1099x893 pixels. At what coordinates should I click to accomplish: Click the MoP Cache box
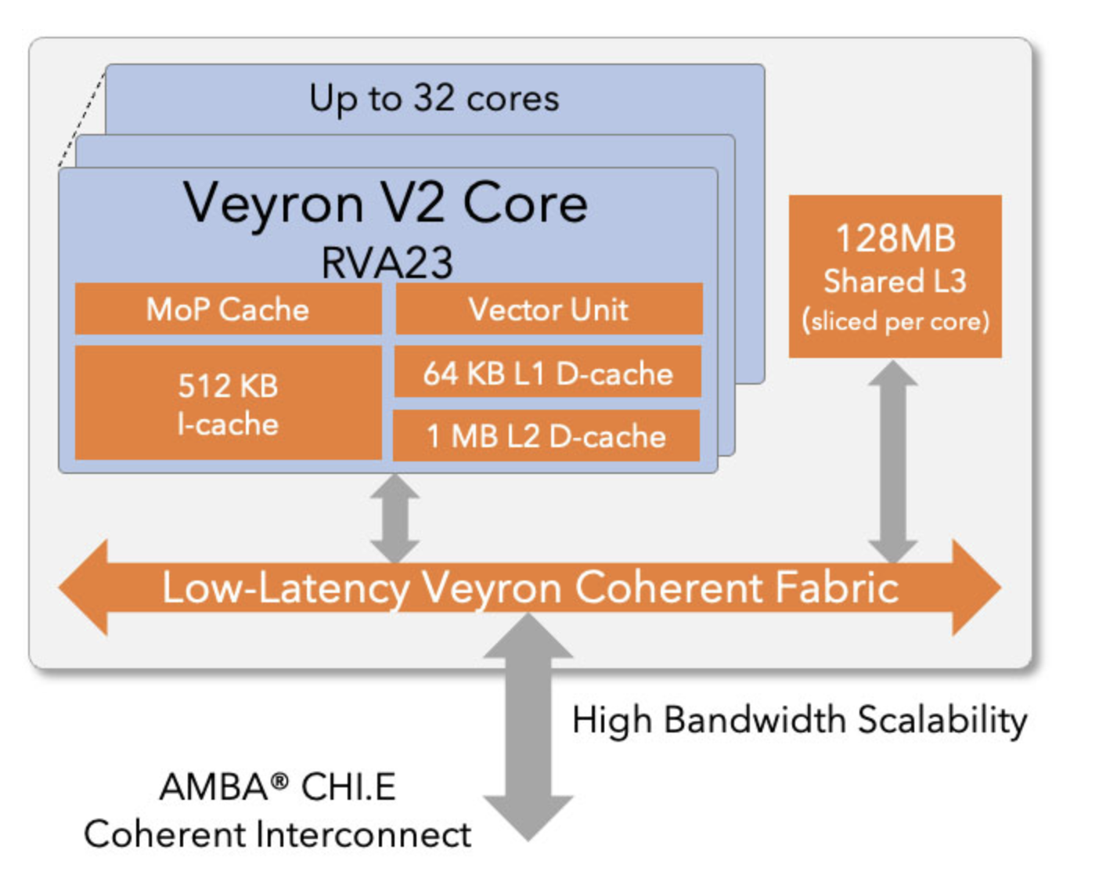[x=228, y=309]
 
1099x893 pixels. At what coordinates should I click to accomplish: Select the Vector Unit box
[x=548, y=309]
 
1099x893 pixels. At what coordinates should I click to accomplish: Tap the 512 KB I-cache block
[x=228, y=403]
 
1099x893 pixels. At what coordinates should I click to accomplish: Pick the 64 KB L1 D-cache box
[x=547, y=374]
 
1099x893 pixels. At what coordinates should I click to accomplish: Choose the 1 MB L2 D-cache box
[x=546, y=436]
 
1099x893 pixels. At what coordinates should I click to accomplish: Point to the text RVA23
[x=387, y=262]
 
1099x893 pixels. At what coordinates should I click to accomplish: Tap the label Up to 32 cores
[x=434, y=99]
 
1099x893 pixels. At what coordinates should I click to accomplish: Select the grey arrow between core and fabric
[x=395, y=517]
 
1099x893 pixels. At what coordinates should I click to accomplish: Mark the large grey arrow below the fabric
[x=528, y=728]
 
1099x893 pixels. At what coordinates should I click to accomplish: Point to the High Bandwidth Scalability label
[x=799, y=720]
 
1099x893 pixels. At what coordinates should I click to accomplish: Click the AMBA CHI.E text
[x=278, y=786]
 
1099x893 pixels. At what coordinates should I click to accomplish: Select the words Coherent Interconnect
[x=278, y=834]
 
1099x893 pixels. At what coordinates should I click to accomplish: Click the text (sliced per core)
[x=895, y=321]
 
